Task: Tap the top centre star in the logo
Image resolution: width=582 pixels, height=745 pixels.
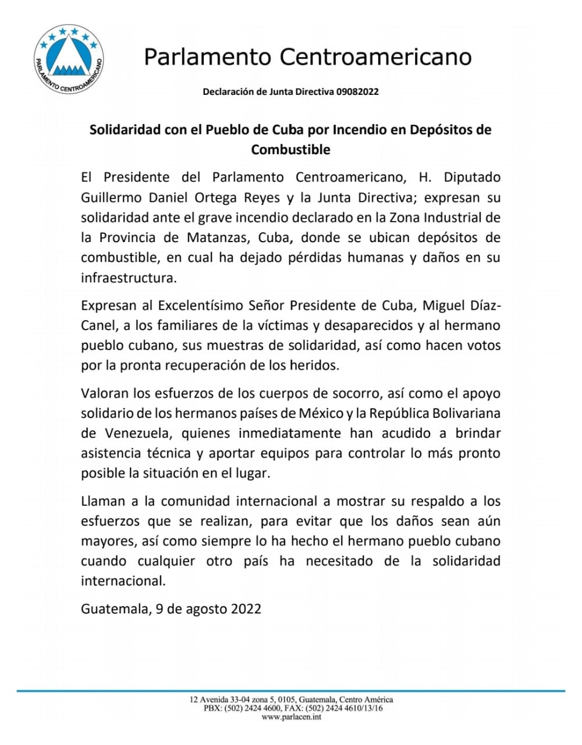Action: pos(70,31)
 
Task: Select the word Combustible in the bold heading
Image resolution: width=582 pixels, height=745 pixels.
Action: pos(290,150)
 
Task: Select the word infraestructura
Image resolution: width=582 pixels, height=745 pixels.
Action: pos(128,278)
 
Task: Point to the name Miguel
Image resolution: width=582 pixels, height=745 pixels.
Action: pos(445,306)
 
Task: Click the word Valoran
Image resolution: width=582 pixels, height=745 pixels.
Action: pos(104,393)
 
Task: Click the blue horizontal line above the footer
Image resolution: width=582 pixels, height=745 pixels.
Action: pos(291,691)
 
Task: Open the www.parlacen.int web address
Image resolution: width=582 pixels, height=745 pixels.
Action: pos(292,717)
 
